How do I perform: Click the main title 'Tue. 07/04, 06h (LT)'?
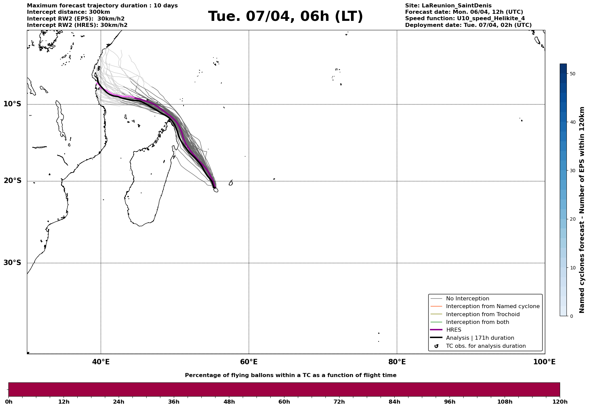pyautogui.click(x=285, y=16)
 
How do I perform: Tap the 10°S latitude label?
pyautogui.click(x=12, y=104)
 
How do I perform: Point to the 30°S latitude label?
pyautogui.click(x=12, y=263)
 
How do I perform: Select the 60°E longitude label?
pyautogui.click(x=249, y=362)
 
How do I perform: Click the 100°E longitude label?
pyautogui.click(x=544, y=362)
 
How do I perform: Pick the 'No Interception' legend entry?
pyautogui.click(x=467, y=299)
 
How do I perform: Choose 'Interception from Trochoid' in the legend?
pyautogui.click(x=482, y=314)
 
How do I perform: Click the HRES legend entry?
pyautogui.click(x=454, y=330)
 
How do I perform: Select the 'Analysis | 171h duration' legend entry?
pyautogui.click(x=480, y=338)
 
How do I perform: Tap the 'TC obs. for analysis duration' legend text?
pyautogui.click(x=486, y=346)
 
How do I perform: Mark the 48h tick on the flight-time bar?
pyautogui.click(x=229, y=402)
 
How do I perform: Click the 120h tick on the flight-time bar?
pyautogui.click(x=559, y=402)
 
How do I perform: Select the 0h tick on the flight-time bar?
pyautogui.click(x=9, y=402)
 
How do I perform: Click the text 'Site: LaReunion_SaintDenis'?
pyautogui.click(x=448, y=6)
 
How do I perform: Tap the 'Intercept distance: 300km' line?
pyautogui.click(x=68, y=12)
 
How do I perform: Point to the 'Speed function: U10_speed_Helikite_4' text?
pyautogui.click(x=465, y=18)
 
